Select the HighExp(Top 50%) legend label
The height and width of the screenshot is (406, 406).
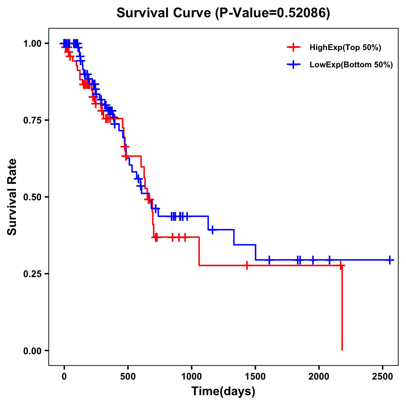point(345,48)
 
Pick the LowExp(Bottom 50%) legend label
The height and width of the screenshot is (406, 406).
point(351,65)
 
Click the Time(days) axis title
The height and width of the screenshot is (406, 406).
point(223,391)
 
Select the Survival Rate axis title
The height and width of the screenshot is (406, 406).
point(12,197)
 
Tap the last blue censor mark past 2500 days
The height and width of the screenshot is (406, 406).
point(390,260)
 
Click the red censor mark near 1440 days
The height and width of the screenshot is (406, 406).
point(247,266)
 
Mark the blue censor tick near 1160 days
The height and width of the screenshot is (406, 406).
point(212,230)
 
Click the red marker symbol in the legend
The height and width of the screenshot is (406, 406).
point(293,48)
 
